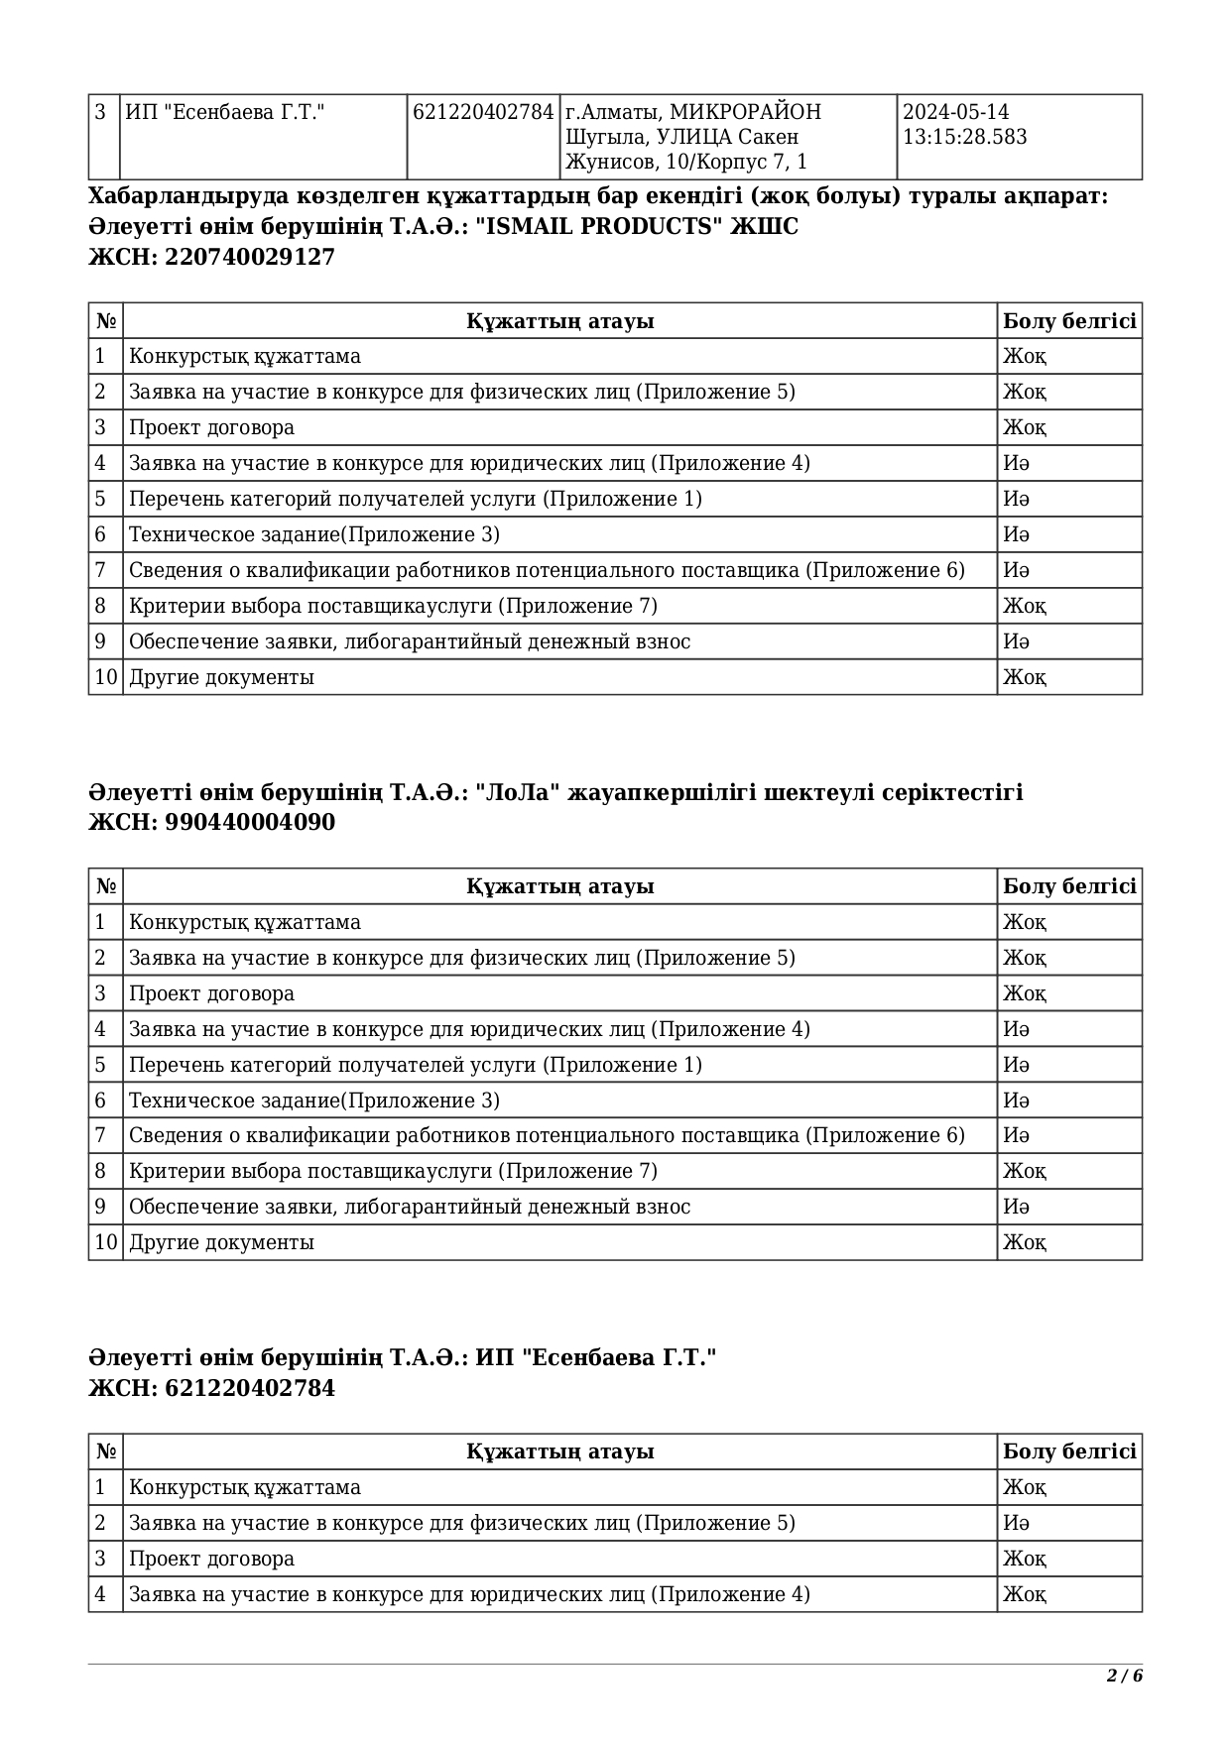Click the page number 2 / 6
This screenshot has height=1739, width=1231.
(x=1125, y=1676)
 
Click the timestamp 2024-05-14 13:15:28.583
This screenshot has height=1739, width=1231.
(x=964, y=125)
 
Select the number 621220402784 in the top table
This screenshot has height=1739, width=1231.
(x=482, y=113)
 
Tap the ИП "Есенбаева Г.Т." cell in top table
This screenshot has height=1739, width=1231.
(x=225, y=113)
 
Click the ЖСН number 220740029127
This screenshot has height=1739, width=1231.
(x=250, y=258)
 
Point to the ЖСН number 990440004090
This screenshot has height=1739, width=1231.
(x=250, y=823)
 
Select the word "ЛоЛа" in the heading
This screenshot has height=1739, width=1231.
(x=519, y=793)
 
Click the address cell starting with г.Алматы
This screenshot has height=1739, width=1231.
(x=693, y=137)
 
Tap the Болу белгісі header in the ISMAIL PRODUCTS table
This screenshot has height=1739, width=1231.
(x=1068, y=321)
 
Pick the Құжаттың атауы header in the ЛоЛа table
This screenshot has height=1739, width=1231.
(x=559, y=886)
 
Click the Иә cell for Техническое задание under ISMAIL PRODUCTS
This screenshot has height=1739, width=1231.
(x=1016, y=534)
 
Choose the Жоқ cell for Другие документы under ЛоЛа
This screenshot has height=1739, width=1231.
(x=1024, y=1242)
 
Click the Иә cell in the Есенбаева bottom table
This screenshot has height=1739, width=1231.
(x=1016, y=1523)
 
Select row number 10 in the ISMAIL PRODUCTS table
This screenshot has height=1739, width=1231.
(x=105, y=677)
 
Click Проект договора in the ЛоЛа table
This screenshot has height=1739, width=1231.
(x=211, y=993)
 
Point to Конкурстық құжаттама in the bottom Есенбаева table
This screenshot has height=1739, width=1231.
(x=244, y=1487)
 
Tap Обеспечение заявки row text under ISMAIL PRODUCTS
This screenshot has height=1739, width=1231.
(x=409, y=641)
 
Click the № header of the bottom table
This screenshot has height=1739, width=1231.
(x=105, y=1451)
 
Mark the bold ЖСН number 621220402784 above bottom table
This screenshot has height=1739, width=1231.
(x=250, y=1388)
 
